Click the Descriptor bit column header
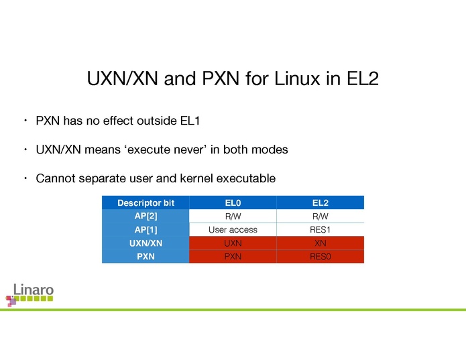pyautogui.click(x=145, y=202)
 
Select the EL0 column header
pyautogui.click(x=233, y=202)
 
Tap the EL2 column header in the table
pyautogui.click(x=320, y=202)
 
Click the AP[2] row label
pyautogui.click(x=145, y=216)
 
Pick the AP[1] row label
pyautogui.click(x=145, y=229)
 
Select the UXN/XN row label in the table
pyautogui.click(x=145, y=243)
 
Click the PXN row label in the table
pyautogui.click(x=145, y=256)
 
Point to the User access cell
pyautogui.click(x=233, y=229)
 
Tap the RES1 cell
pyautogui.click(x=320, y=229)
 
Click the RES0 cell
pyautogui.click(x=320, y=256)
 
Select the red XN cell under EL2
pyautogui.click(x=320, y=243)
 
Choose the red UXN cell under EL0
pyautogui.click(x=233, y=243)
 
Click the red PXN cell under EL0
pyautogui.click(x=233, y=256)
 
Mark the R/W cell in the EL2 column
pyautogui.click(x=320, y=216)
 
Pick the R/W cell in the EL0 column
pyautogui.click(x=233, y=216)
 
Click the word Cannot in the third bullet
pyautogui.click(x=56, y=178)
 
